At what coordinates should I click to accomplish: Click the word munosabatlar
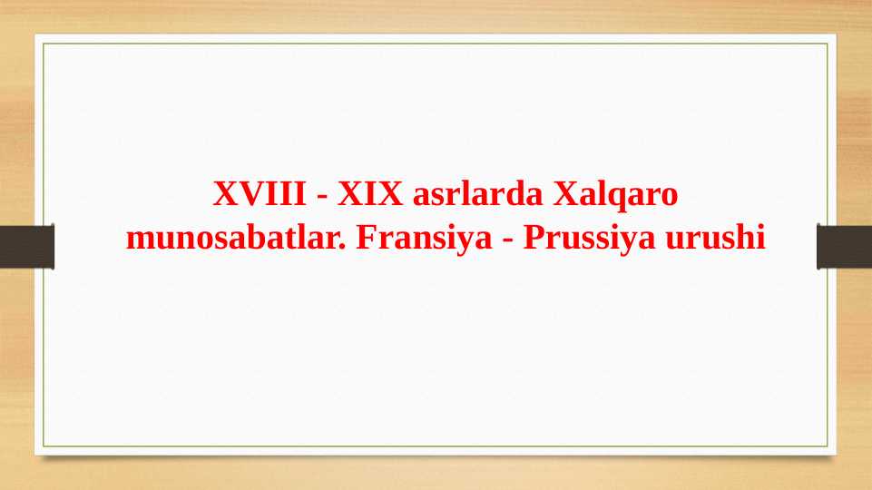click(x=234, y=240)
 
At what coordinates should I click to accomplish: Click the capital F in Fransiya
click(x=366, y=240)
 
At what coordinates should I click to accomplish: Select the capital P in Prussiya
click(x=533, y=240)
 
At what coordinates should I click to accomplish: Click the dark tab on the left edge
click(x=26, y=247)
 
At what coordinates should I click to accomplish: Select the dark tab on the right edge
click(x=845, y=247)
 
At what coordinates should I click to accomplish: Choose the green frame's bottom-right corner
click(x=828, y=446)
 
